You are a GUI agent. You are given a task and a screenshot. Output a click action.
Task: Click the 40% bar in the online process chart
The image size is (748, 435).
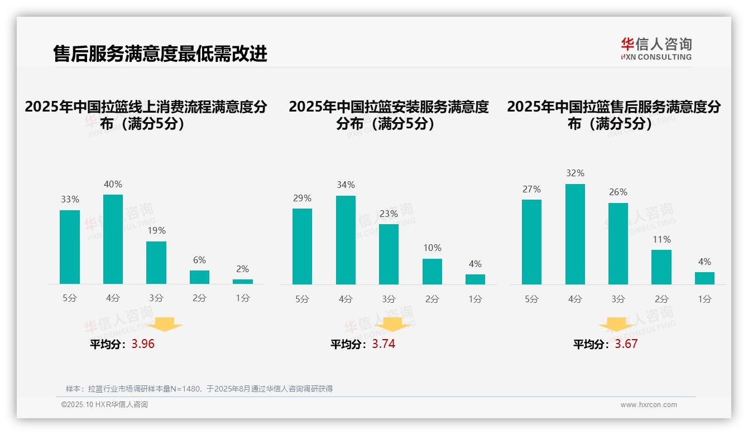[x=113, y=239]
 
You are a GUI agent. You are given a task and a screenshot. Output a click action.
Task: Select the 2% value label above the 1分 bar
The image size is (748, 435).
[x=243, y=269]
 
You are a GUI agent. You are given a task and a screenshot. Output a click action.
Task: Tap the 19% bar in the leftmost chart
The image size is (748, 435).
[x=156, y=263]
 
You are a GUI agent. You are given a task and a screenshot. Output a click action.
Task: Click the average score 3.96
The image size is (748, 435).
[x=143, y=344]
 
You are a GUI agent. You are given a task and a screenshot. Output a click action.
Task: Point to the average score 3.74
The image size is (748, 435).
[x=383, y=344]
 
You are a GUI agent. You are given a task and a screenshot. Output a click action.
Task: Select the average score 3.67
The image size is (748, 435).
[x=626, y=344]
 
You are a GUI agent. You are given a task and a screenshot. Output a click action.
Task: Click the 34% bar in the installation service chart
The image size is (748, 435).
[x=346, y=240]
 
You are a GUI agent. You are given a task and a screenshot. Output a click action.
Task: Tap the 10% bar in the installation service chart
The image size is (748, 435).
[x=432, y=272]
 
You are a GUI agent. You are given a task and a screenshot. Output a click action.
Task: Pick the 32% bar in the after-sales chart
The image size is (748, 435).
[x=575, y=234]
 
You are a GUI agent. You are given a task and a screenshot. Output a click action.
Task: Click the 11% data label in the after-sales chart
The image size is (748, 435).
[x=661, y=239]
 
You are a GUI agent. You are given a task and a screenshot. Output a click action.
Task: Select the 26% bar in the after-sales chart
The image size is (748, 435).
[x=618, y=244]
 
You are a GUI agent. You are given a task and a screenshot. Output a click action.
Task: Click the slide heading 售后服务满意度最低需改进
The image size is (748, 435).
[x=160, y=54]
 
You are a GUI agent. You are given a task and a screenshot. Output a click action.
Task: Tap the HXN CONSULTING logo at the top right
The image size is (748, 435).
[x=656, y=49]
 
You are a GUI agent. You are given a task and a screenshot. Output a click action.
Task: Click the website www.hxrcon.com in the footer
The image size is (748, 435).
[x=649, y=405]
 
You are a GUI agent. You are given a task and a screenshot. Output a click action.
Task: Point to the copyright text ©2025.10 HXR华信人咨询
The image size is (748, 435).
[x=104, y=405]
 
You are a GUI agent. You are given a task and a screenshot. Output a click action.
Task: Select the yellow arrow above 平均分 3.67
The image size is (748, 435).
[x=616, y=325]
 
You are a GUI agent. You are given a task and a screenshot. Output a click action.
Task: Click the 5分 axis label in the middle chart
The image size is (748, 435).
[x=302, y=299]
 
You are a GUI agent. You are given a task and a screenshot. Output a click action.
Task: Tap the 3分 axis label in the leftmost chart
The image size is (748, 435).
[x=156, y=298]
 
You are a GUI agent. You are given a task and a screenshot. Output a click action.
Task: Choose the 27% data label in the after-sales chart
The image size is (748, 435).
[x=531, y=190]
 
